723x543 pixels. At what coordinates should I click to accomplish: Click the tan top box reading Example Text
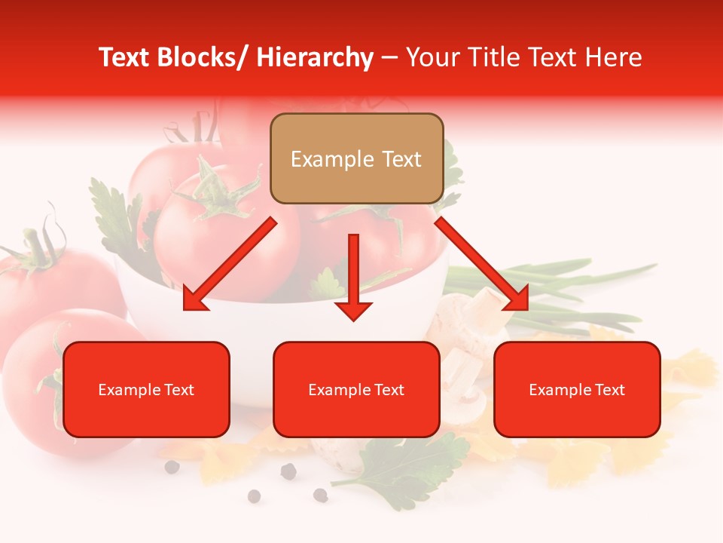point(356,158)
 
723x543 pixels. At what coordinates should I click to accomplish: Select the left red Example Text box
point(146,389)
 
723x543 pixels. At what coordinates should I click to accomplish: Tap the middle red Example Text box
point(356,389)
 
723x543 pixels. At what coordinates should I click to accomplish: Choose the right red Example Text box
point(577,389)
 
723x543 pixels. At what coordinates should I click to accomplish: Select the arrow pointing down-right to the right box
point(483,265)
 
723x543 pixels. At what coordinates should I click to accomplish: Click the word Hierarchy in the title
point(315,58)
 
